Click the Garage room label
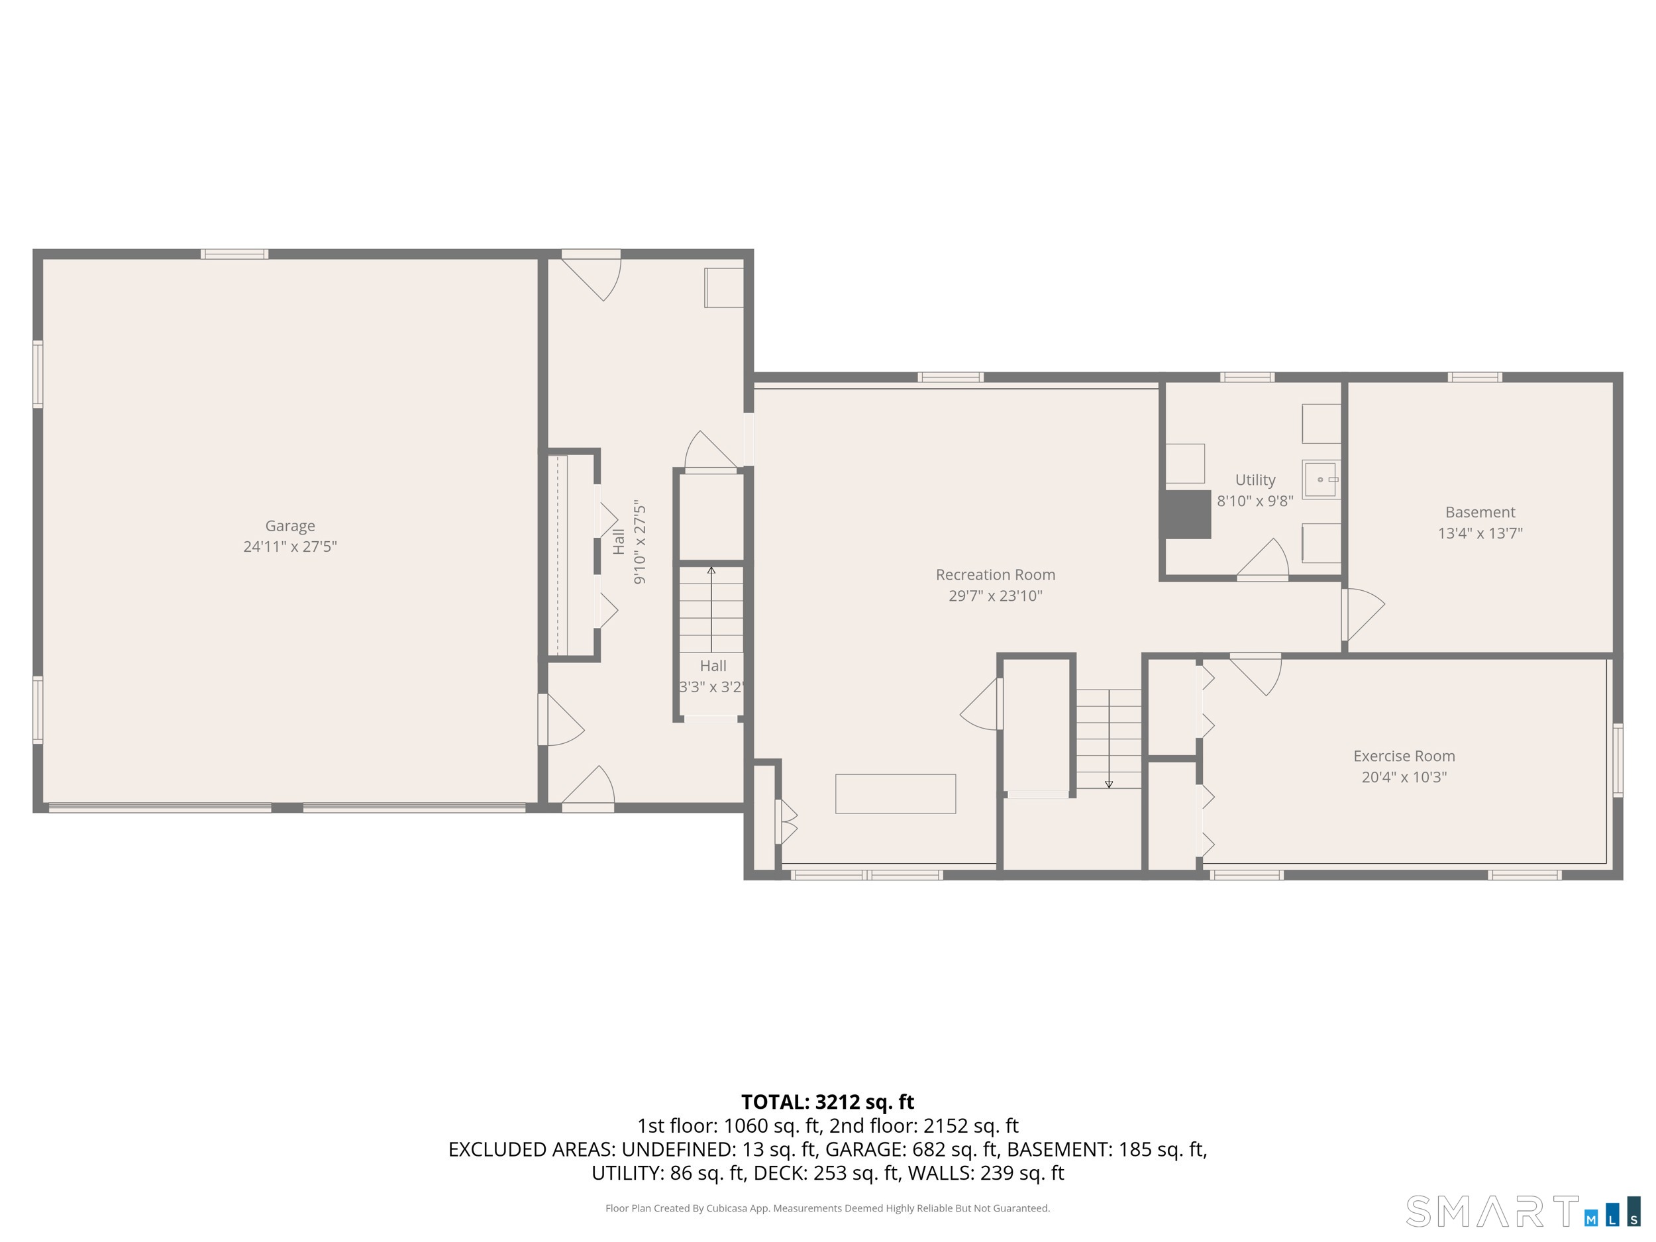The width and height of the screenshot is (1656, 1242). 289,525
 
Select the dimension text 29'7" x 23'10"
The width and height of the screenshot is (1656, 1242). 995,596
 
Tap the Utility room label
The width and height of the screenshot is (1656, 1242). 1255,480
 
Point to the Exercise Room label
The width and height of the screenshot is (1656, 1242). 1404,756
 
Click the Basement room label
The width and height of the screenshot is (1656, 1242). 1480,512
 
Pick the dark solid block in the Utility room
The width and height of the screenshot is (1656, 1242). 1186,514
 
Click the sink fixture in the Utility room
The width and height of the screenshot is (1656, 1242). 1321,479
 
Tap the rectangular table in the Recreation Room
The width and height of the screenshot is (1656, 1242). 896,794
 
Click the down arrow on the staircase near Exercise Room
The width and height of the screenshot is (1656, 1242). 1109,783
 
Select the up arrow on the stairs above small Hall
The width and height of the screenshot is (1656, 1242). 711,571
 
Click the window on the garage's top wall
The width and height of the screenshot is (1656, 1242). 234,254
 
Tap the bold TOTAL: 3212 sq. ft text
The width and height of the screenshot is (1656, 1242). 827,1102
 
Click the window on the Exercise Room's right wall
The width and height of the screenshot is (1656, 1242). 1617,760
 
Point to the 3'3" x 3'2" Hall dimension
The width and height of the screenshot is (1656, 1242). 711,686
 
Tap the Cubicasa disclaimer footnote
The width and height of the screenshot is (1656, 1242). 827,1208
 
